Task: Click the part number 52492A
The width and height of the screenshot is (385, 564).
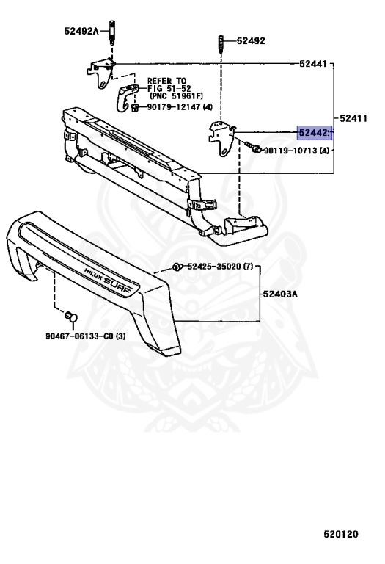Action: click(x=81, y=31)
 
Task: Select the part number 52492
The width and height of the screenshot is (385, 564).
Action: click(x=251, y=41)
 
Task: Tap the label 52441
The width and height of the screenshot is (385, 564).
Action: click(x=314, y=64)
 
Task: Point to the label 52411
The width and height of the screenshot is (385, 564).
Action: click(x=353, y=118)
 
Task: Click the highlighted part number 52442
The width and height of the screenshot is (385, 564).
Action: click(x=315, y=133)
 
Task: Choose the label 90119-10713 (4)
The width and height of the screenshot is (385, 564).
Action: click(x=297, y=151)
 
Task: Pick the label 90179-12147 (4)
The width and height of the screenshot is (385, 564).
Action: click(x=180, y=107)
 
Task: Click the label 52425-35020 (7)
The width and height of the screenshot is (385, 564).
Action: click(x=220, y=267)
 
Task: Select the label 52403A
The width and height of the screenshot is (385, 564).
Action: click(x=280, y=294)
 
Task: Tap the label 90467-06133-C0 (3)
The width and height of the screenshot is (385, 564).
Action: click(x=86, y=336)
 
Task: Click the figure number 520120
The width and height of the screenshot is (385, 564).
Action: click(x=341, y=534)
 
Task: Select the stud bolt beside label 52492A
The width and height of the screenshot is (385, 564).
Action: click(x=111, y=33)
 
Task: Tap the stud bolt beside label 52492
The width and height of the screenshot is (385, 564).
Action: click(x=221, y=45)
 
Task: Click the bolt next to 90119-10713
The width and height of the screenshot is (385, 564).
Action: click(x=253, y=146)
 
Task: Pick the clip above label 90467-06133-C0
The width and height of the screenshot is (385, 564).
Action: click(x=71, y=317)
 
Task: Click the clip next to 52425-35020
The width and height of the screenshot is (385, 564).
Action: click(x=177, y=267)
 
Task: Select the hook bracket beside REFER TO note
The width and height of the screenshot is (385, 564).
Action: click(x=127, y=97)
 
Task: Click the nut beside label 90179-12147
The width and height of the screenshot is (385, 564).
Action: click(x=136, y=107)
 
